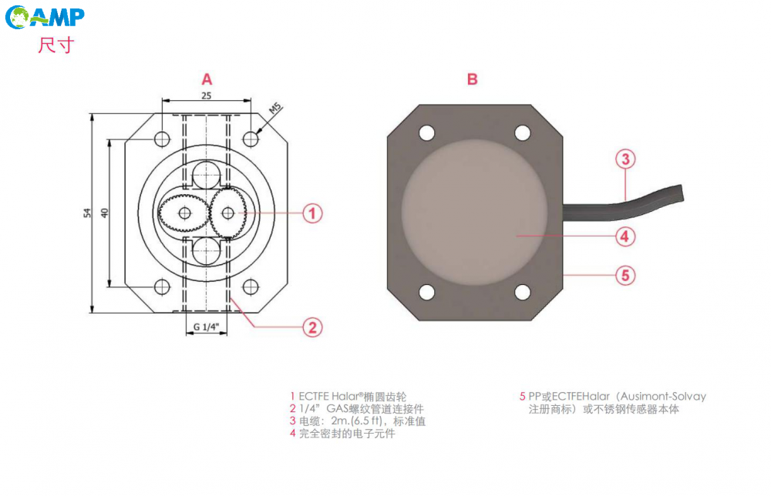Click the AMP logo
pos(45,17)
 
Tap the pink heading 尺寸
pos(56,45)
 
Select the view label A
pos(207,79)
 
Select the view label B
pos(472,79)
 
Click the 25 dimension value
pos(207,96)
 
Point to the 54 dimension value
pos(87,213)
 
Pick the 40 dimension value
pos(104,213)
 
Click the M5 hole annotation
pos(275,109)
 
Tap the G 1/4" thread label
pos(206,327)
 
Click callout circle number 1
pos(312,213)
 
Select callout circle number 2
pos(312,327)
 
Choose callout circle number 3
pos(625,159)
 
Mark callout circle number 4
pos(625,236)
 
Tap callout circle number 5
pos(625,275)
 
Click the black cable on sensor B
pos(624,204)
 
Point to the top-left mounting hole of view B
pos(427,132)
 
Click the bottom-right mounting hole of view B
pos(522,293)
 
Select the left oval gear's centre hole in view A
pos(184,213)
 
